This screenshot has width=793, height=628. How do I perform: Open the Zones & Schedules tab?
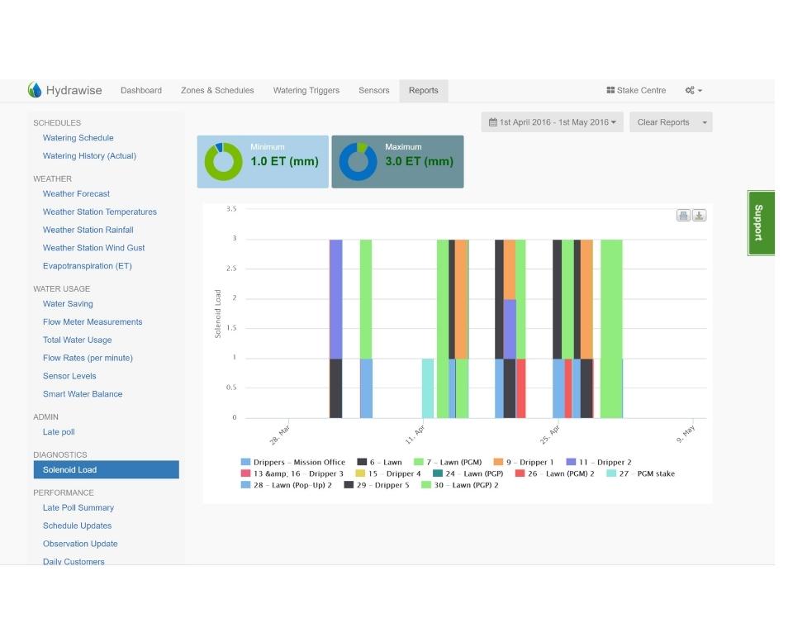pos(217,90)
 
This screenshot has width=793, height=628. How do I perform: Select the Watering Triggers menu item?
pos(306,90)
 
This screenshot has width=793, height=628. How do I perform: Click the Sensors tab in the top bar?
pos(374,90)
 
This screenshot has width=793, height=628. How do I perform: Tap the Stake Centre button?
pos(636,90)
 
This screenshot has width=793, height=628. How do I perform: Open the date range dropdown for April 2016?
pos(553,122)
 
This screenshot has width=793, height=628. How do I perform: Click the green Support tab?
pos(761,222)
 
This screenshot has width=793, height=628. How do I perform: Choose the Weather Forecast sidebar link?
pos(76,194)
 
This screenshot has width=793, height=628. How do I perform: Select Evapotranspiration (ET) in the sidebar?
pos(88,266)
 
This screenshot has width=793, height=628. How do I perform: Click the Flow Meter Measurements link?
pos(93,322)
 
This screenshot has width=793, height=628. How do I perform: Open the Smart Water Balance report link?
pos(83,394)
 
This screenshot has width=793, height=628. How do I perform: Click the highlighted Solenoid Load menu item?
pos(106,470)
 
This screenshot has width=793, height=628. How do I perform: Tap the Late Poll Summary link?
pos(78,508)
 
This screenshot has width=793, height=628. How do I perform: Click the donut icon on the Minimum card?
pos(223,161)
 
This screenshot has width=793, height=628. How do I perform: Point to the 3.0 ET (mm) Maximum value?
pos(419,162)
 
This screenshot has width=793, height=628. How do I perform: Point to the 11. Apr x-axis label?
pos(415,433)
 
